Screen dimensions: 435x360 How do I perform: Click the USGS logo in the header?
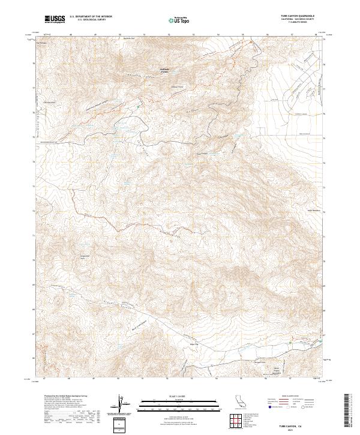click(x=55, y=19)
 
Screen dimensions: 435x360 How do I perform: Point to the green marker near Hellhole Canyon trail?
click(x=138, y=107)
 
